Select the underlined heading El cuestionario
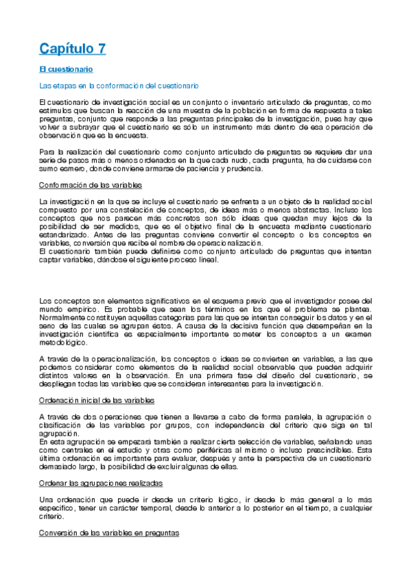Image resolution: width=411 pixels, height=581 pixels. click(66, 69)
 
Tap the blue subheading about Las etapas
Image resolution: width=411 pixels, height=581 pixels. click(119, 85)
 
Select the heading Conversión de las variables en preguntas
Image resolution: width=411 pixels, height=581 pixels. click(109, 532)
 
